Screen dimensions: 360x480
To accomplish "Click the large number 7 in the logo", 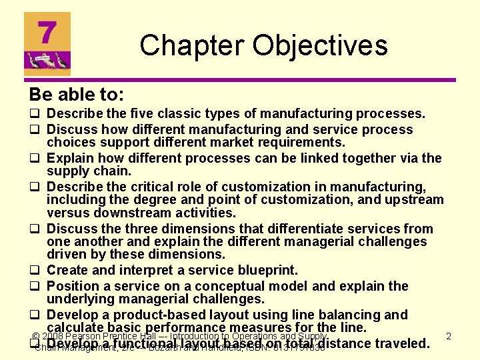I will (46, 34).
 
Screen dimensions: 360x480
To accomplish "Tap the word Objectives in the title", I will (318, 45).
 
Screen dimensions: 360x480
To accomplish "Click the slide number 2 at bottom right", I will (449, 336).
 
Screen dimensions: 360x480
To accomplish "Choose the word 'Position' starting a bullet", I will (73, 286).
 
